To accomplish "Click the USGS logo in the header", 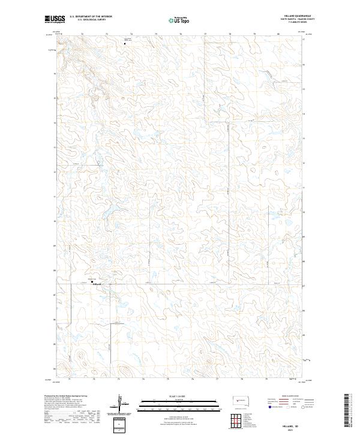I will point(55,19).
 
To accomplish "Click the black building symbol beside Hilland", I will point(93,280).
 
